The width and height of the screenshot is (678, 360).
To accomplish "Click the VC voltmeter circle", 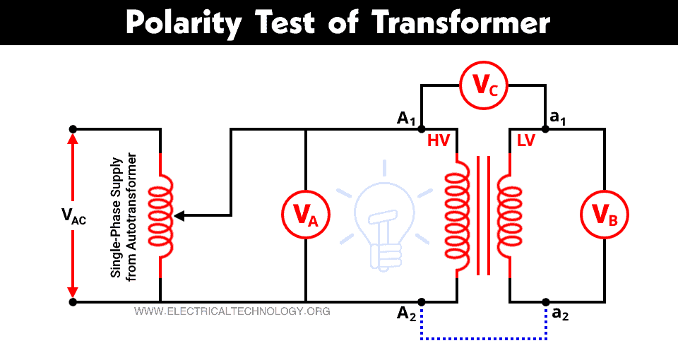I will point(484,86).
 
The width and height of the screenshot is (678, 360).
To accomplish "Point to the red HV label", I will point(439,141).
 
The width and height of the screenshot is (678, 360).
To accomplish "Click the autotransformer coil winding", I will point(161,215).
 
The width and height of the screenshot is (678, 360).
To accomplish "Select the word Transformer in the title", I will point(460,23).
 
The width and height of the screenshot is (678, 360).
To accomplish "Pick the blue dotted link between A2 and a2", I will point(484,340).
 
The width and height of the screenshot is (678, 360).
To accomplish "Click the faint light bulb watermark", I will point(381,219).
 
